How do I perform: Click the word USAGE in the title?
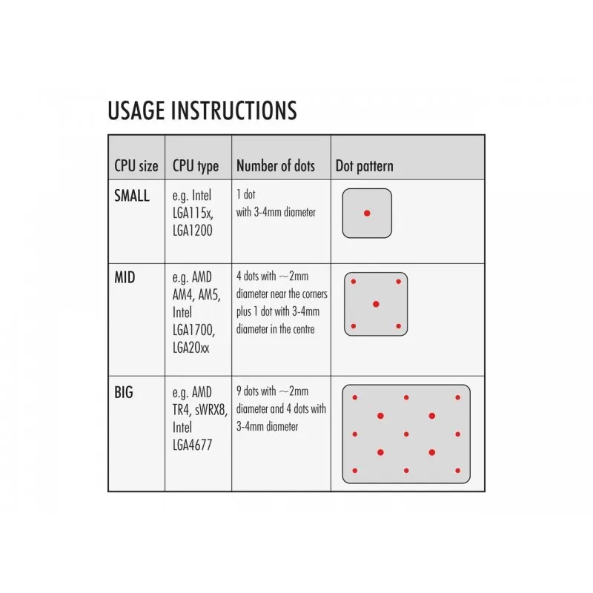tap(136, 110)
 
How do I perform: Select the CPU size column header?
tap(136, 166)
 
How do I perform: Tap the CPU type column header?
tap(196, 166)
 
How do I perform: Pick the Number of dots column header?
tap(275, 166)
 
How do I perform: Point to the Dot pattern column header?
tap(364, 166)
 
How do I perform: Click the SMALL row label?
tap(132, 196)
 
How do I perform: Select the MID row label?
tap(125, 277)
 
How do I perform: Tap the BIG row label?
tap(124, 393)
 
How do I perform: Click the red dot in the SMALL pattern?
tap(367, 213)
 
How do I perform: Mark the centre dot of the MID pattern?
tap(376, 304)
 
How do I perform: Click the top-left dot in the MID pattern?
tap(354, 282)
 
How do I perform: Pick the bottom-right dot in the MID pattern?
tap(398, 326)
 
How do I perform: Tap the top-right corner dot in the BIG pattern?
tap(457, 397)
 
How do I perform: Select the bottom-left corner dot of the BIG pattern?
tap(355, 471)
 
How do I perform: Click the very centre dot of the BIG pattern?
tap(406, 434)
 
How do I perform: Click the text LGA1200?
tap(192, 231)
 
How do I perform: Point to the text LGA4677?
tap(192, 445)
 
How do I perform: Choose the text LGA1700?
tap(193, 331)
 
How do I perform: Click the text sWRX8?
tap(211, 410)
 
